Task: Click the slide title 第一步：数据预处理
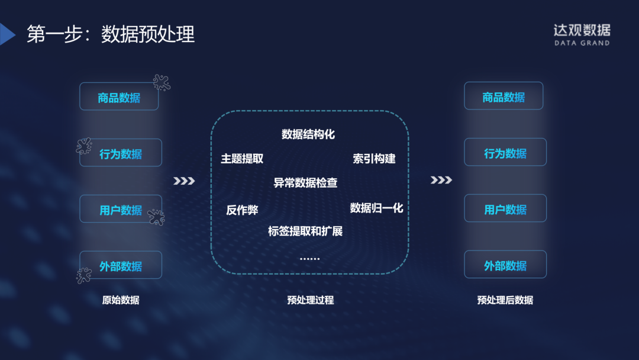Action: coord(111,34)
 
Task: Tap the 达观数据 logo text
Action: coord(581,30)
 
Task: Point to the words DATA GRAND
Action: coord(582,43)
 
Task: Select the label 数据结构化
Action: coord(308,134)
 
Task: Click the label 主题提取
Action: coord(242,159)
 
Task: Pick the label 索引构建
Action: coord(374,159)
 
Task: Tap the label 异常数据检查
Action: coord(305,183)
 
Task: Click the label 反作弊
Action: coord(242,210)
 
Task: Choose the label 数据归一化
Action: coord(376,208)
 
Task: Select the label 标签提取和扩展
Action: coord(305,231)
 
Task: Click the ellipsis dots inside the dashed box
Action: coord(309,259)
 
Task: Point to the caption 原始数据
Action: coord(121,300)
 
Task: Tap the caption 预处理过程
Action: coord(310,300)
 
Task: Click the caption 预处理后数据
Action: coord(505,300)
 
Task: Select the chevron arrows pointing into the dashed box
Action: coord(184,181)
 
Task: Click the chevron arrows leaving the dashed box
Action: coord(441,180)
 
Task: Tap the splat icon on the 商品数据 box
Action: coord(162,82)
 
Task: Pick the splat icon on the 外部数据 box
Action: coord(84,275)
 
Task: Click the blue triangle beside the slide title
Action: coord(7,34)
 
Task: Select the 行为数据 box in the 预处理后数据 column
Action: coord(505,153)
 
